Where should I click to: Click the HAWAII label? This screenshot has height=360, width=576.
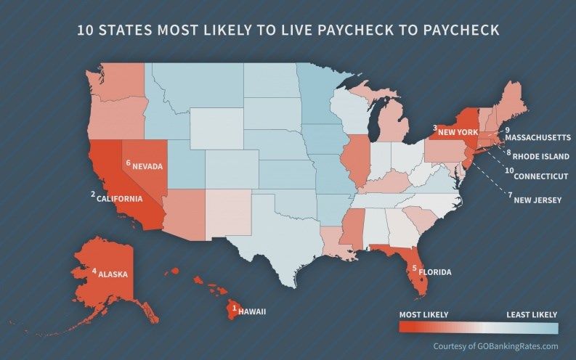tap(252, 311)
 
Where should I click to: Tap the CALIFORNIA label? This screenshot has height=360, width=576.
tap(120, 197)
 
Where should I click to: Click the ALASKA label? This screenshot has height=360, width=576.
tap(113, 274)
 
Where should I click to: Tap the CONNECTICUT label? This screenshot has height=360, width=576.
tap(541, 176)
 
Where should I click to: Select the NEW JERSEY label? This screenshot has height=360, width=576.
tap(538, 200)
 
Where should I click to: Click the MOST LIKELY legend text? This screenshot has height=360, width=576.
tap(423, 314)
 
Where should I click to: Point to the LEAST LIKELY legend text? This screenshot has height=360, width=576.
tap(532, 314)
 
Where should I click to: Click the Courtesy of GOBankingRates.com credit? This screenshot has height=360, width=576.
tap(495, 346)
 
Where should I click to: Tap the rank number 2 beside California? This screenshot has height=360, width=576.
tap(93, 194)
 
